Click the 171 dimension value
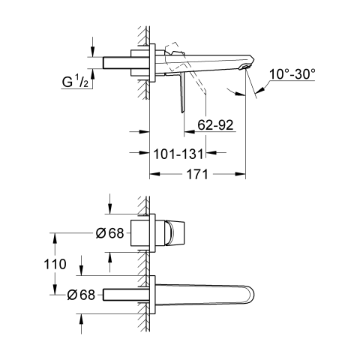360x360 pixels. click(x=197, y=174)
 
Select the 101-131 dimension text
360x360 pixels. click(x=178, y=154)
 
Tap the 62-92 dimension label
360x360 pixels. click(x=215, y=124)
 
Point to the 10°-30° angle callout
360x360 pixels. click(x=292, y=74)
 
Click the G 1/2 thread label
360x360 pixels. click(x=75, y=82)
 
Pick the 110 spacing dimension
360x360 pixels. click(x=55, y=264)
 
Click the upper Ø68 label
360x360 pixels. click(x=109, y=233)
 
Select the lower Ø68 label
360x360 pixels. click(x=81, y=295)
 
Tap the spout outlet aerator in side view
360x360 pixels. click(x=245, y=67)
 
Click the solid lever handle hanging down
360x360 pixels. click(x=182, y=93)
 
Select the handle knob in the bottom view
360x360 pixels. click(x=175, y=233)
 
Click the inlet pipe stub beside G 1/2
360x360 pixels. click(x=117, y=62)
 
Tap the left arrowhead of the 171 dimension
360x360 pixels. click(x=154, y=174)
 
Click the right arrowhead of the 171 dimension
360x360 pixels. click(x=241, y=174)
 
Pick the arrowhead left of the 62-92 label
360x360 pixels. click(x=189, y=131)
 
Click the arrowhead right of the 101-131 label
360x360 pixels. click(x=211, y=152)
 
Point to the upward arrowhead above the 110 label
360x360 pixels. click(x=55, y=238)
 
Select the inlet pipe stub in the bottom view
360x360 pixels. click(x=126, y=295)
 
